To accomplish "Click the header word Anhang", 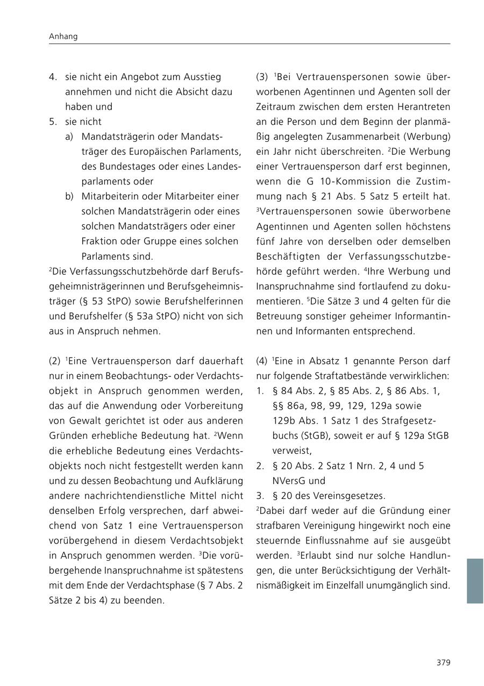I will [63, 37].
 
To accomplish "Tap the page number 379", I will [443, 662].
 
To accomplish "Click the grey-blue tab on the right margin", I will [475, 581].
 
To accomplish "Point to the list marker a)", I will [69, 137].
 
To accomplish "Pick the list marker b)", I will [69, 196].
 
